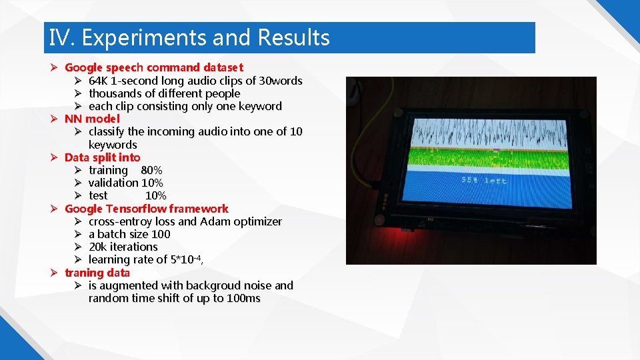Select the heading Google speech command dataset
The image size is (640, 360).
coord(154,67)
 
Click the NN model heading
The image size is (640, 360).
coord(92,119)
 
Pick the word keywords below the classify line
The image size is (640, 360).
coord(113,145)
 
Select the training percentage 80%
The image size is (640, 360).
coord(151,170)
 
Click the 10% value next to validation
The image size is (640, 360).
coord(152,183)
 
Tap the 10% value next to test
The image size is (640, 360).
coord(155,195)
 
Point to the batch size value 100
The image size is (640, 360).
coord(161,234)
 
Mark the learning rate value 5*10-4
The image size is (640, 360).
coord(187,259)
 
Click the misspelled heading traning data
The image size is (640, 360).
coord(97,273)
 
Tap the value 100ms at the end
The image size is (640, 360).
coord(243,298)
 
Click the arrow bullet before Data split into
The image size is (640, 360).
coord(55,157)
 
